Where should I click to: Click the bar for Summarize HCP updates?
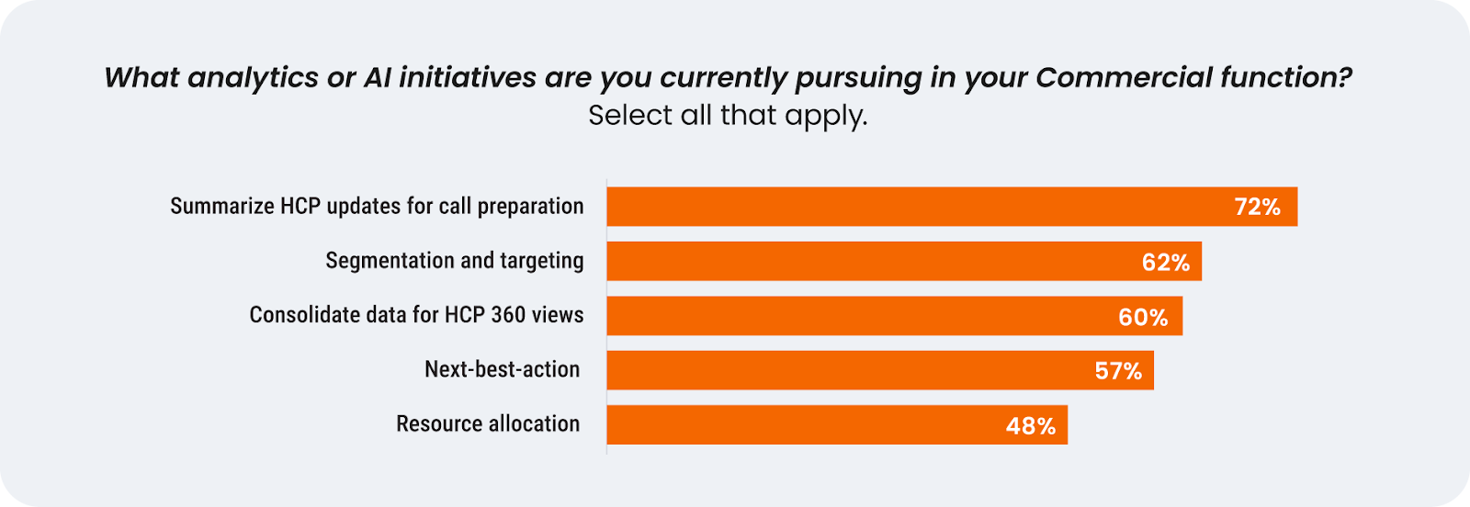tap(952, 207)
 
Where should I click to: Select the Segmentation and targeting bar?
tap(904, 261)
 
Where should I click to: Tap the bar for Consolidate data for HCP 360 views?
tap(895, 315)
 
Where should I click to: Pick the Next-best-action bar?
tap(880, 370)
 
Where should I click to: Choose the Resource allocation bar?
tap(837, 425)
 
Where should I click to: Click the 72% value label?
tap(1258, 208)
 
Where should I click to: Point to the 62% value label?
tap(1166, 263)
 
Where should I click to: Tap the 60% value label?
tap(1143, 318)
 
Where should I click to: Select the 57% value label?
tap(1118, 371)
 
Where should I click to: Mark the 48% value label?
tap(1031, 426)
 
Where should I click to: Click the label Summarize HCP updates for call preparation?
tap(377, 207)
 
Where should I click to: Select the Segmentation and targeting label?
tap(455, 261)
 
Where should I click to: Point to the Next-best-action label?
tap(502, 369)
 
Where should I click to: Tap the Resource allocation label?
tap(488, 423)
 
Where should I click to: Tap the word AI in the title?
tap(378, 77)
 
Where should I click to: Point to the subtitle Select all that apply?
tap(728, 116)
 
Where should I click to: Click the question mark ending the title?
tap(1342, 77)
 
